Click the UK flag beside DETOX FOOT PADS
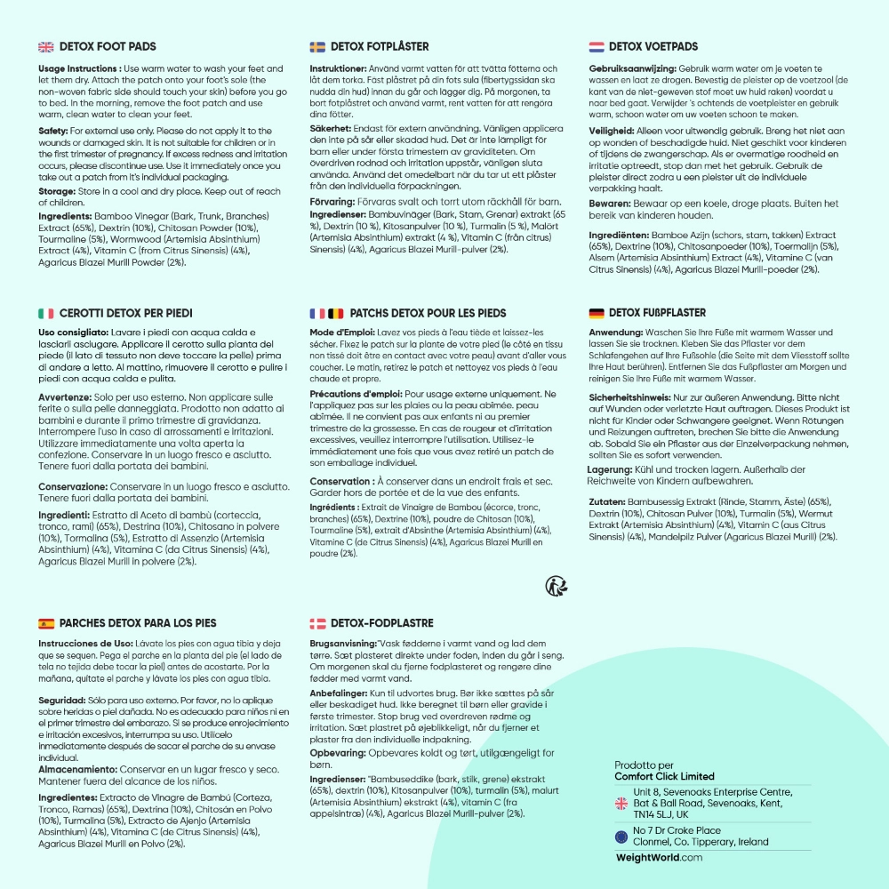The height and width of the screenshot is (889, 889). pos(46,46)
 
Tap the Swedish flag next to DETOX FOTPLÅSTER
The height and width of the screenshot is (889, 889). pos(316,46)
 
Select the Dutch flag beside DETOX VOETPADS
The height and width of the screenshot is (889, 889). pos(597,46)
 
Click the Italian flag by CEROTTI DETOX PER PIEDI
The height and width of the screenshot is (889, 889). pos(46,313)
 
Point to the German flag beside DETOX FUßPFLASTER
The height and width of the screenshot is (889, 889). pos(597,313)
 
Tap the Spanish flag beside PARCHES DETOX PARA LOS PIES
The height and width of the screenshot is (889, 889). pos(46,623)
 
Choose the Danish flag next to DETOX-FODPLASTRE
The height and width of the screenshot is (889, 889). pos(316,623)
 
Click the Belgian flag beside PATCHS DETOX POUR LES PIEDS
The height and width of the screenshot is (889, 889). pos(335,313)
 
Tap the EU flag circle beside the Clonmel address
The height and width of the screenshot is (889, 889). pos(621,837)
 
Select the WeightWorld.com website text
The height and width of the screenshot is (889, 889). pos(659,858)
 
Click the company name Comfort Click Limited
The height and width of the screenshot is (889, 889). pos(664,776)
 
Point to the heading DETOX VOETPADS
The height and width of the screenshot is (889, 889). pos(653,46)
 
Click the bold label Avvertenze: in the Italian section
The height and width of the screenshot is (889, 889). pos(68,398)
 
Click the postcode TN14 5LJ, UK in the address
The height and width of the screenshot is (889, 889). pos(661,813)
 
